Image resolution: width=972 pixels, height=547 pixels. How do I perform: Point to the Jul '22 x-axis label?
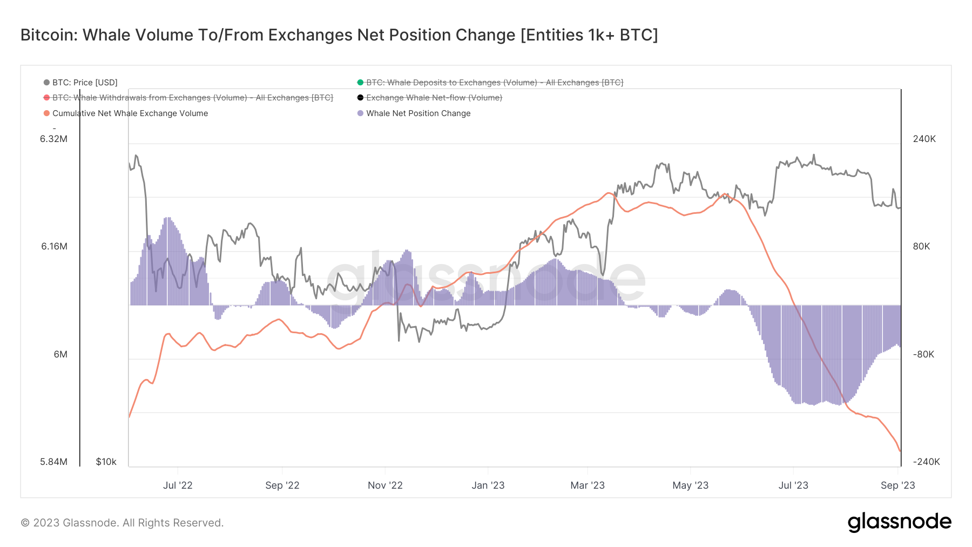[x=178, y=485]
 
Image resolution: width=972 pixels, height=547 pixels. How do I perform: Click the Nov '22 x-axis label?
[x=385, y=485]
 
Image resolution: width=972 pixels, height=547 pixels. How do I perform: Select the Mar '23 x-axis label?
[x=588, y=485]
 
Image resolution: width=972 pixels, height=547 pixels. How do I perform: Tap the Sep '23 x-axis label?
[x=897, y=485]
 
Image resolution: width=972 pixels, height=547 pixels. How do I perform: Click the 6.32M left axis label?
[x=53, y=139]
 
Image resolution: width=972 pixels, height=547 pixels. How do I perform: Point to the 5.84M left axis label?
[x=53, y=462]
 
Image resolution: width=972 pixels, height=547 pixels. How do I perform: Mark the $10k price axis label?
[x=106, y=462]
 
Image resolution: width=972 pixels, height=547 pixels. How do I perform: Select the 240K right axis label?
[x=924, y=139]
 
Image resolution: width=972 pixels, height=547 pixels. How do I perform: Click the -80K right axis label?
[x=923, y=354]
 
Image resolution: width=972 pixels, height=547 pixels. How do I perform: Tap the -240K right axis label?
[x=926, y=462]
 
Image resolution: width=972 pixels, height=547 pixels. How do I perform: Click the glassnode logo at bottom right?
[x=899, y=522]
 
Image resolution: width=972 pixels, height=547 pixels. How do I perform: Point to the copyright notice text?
[x=122, y=523]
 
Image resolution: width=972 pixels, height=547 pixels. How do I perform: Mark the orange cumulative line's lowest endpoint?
[x=900, y=451]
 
